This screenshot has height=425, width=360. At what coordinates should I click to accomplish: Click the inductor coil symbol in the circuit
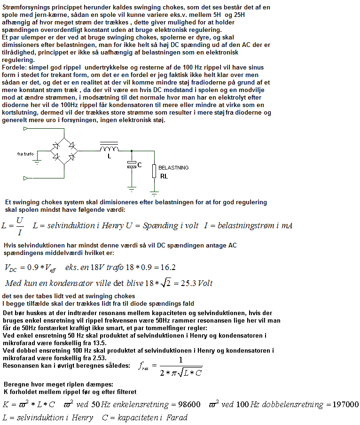tap(109, 147)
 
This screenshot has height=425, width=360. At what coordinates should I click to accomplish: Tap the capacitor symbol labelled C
tap(132, 165)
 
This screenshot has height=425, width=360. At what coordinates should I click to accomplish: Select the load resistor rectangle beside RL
tap(154, 171)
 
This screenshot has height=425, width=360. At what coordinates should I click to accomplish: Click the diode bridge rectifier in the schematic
tap(64, 150)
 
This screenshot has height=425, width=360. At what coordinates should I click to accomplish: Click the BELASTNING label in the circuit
tap(173, 167)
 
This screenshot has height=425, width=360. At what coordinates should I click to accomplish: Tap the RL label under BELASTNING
tap(164, 177)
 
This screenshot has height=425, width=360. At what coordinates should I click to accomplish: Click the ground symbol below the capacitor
tap(132, 189)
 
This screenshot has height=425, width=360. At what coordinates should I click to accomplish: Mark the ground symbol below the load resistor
tap(154, 192)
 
